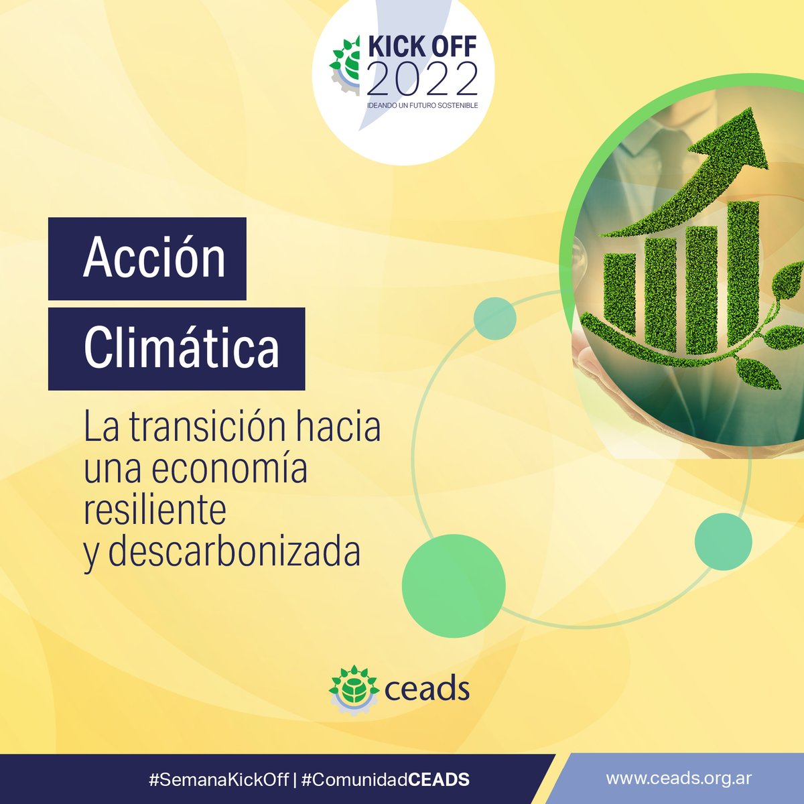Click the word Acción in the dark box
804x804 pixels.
[154, 259]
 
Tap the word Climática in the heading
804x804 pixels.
[181, 348]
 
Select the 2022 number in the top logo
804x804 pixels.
[422, 80]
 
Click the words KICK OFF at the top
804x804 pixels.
[422, 47]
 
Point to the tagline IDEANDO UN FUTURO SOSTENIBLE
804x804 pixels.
[422, 106]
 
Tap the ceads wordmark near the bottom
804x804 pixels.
[427, 689]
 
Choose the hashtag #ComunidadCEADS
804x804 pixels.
[385, 780]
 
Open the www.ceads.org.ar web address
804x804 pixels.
[678, 779]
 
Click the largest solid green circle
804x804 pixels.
[454, 586]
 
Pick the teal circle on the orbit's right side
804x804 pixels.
[723, 541]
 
